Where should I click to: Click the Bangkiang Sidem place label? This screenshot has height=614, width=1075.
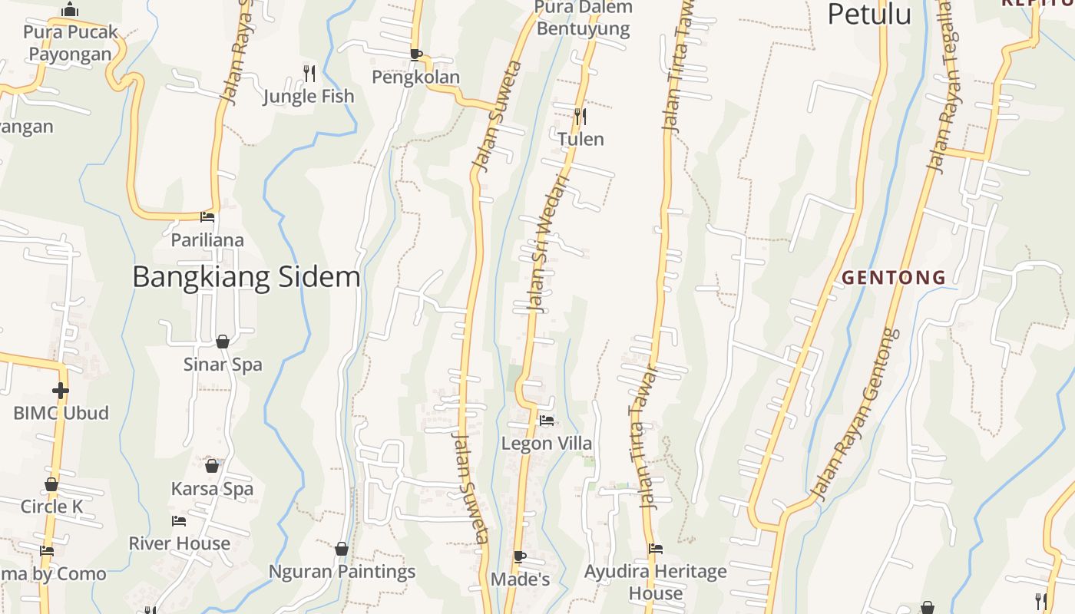(246, 276)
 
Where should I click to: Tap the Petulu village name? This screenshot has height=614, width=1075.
(869, 14)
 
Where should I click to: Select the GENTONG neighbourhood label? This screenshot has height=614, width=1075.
(894, 277)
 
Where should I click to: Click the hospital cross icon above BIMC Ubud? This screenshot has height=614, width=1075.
(61, 391)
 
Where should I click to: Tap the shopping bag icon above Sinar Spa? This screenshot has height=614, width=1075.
(223, 342)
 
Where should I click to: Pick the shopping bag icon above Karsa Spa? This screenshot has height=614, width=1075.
(212, 466)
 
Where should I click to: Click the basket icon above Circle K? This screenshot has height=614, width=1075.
(51, 484)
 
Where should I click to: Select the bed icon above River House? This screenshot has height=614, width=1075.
(179, 521)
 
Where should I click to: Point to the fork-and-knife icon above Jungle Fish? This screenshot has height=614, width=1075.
(309, 73)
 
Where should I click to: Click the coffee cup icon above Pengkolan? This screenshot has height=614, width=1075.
(415, 54)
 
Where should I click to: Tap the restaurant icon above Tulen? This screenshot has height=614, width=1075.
(580, 117)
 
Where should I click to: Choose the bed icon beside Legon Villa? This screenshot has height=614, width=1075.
(547, 421)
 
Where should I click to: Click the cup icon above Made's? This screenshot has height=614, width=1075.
(520, 556)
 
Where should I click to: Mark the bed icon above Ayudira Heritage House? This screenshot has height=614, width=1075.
(655, 549)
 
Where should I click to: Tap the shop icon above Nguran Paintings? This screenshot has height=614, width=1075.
(342, 549)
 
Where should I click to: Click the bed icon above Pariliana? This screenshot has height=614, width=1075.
(207, 217)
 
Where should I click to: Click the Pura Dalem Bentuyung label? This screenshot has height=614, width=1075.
(584, 18)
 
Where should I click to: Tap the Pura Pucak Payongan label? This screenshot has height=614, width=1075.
(70, 43)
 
